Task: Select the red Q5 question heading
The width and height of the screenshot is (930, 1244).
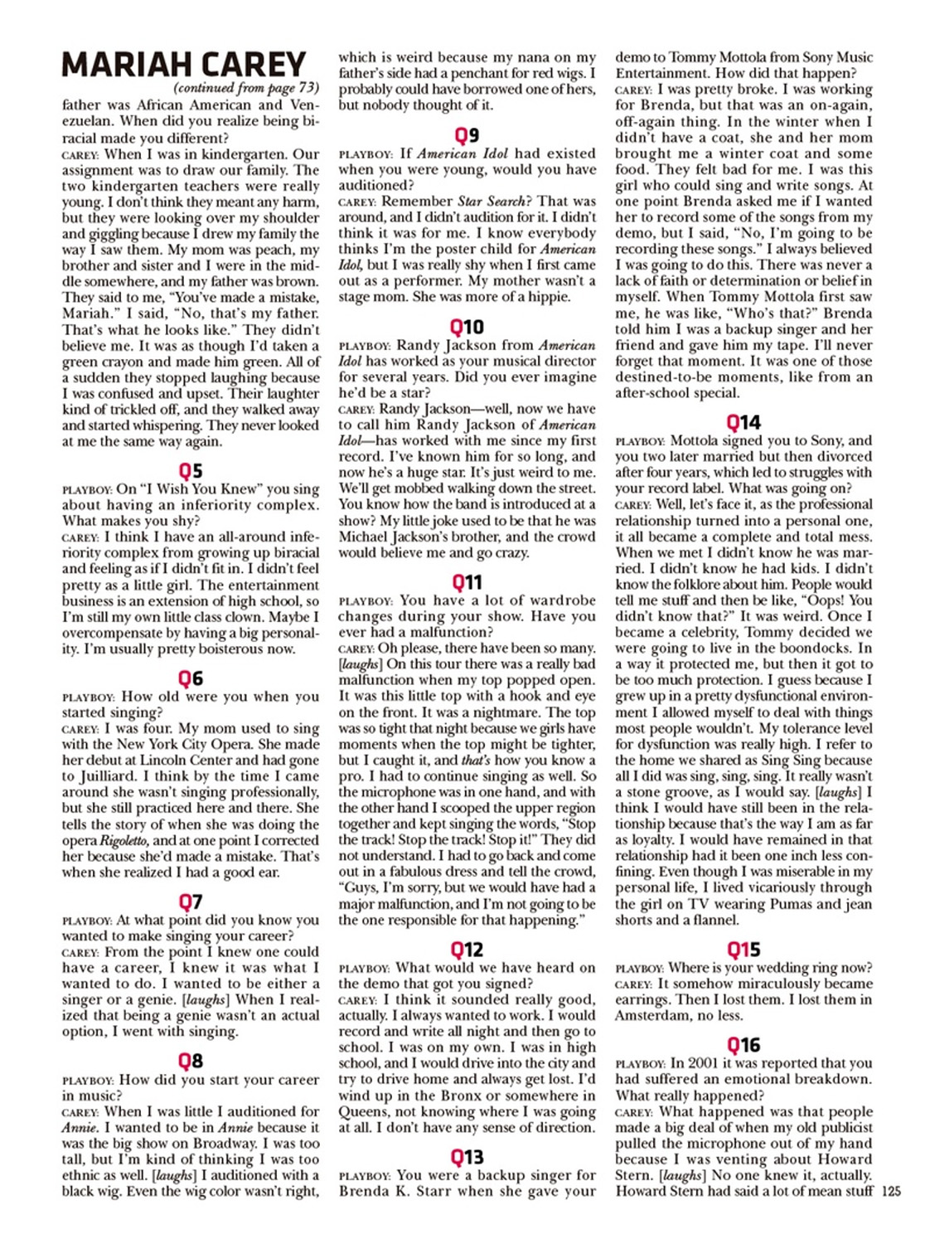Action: (191, 471)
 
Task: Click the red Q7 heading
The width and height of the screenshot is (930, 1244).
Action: (191, 901)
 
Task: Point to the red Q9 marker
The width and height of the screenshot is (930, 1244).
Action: (467, 135)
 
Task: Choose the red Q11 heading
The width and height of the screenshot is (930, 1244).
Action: (467, 582)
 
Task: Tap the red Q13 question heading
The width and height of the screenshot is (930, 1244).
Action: (467, 1157)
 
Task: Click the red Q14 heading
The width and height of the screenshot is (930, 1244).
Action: (744, 423)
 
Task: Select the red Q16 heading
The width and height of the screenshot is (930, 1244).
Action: (744, 1045)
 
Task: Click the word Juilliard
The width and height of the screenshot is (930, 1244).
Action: (107, 777)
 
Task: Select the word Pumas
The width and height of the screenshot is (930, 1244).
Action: (777, 904)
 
